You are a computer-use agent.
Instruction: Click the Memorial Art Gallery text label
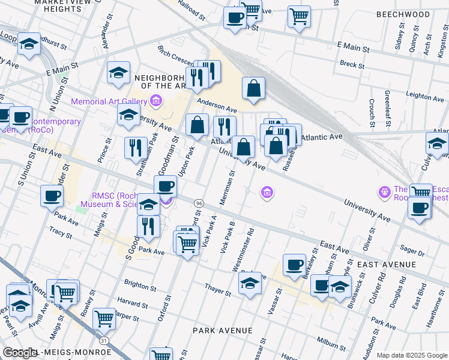pos(109,101)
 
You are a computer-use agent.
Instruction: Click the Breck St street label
pos(348,64)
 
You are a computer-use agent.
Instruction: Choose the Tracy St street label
pos(61,231)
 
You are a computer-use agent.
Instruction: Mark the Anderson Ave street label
pos(214,105)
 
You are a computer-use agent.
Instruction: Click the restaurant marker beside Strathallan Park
pos(136,149)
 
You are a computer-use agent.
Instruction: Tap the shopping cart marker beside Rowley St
pos(104,319)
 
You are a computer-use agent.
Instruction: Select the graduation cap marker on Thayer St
pos(250,286)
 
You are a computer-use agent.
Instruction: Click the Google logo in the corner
pos(20,353)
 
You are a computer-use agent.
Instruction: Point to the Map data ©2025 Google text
pos(412,355)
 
